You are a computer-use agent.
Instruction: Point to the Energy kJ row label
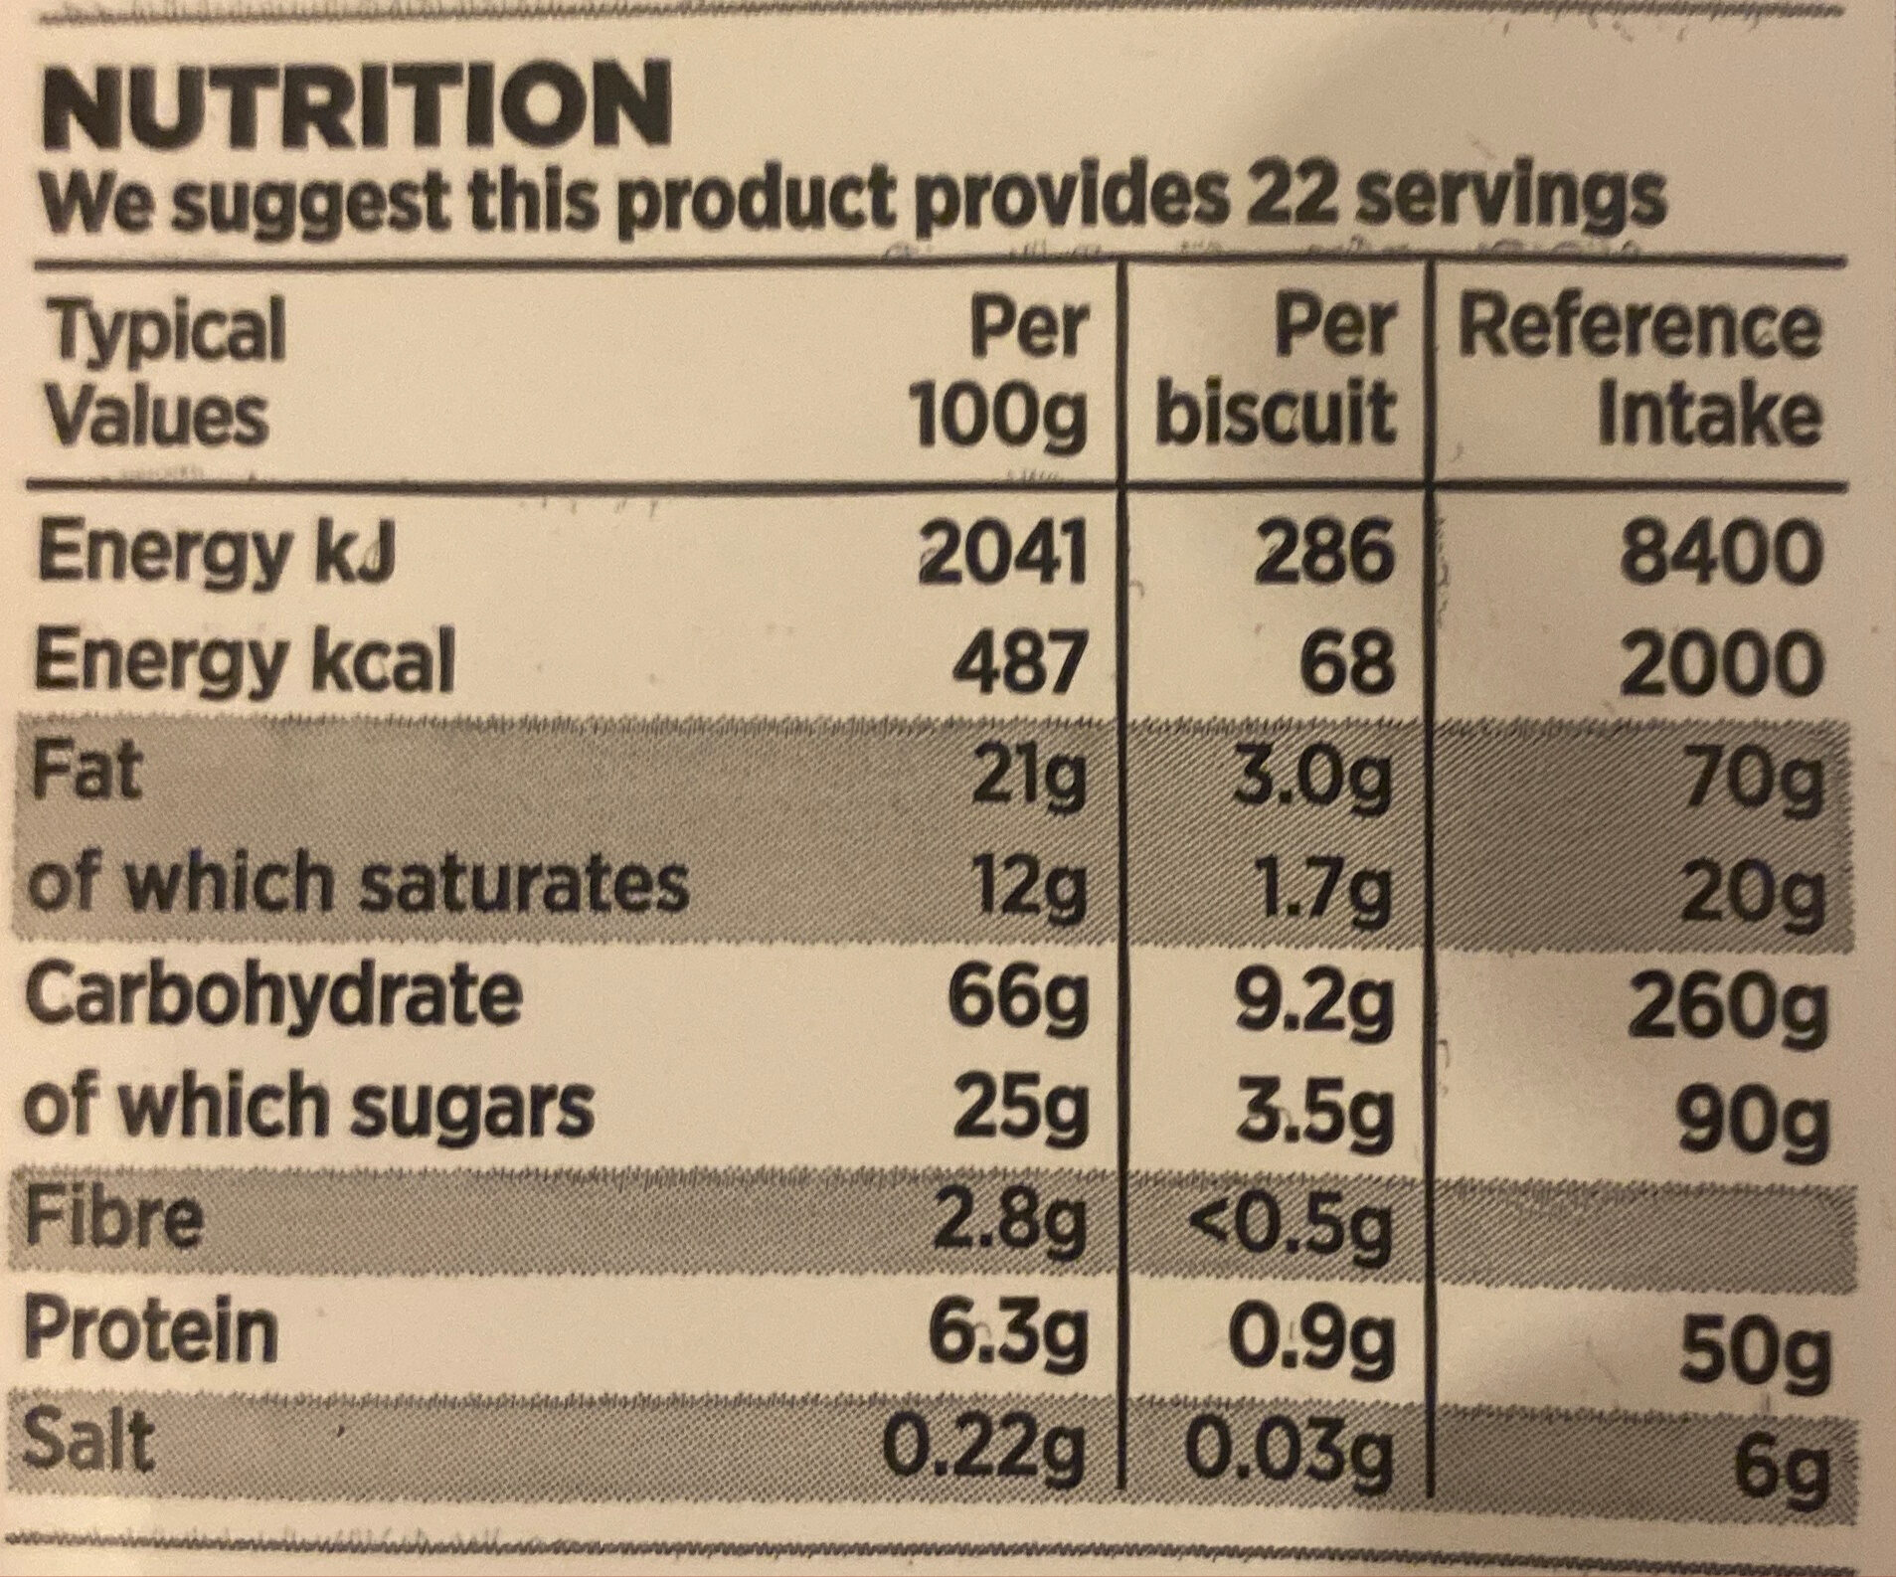pos(214,554)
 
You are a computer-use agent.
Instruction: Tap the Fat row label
pos(87,773)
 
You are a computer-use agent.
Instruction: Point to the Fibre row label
pos(114,1220)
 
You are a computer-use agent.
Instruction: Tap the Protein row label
pos(151,1332)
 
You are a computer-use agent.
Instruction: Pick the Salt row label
pos(91,1442)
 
